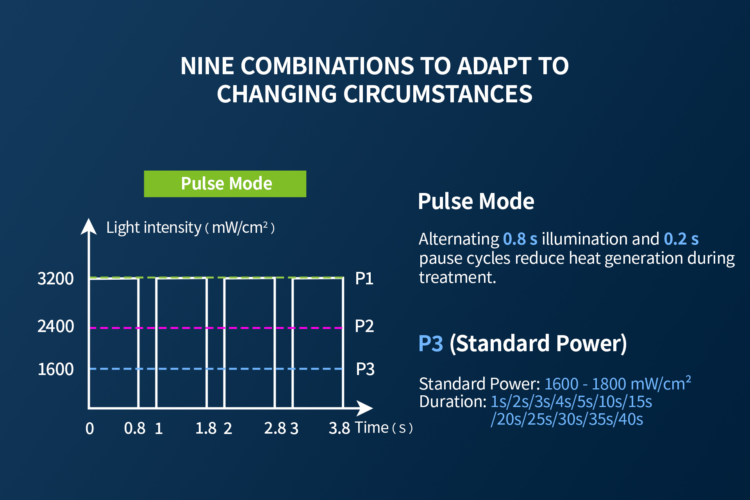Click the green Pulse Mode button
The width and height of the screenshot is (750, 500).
225,184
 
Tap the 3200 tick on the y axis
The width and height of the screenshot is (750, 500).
55,279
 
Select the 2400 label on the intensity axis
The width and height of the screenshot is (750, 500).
55,326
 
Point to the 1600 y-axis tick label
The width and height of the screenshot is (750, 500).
55,369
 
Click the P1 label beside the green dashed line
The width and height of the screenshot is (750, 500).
364,279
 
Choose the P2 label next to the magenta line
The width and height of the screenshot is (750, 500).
364,326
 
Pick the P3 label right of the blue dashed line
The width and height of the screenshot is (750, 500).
365,369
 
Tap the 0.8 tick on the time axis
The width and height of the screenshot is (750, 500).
134,429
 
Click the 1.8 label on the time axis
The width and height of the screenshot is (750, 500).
205,429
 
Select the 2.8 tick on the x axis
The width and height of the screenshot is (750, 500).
274,429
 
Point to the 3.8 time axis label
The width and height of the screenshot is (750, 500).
339,429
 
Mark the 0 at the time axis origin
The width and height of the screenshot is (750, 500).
89,429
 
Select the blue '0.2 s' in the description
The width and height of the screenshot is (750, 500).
681,239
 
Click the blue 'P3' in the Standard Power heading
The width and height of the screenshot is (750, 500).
430,344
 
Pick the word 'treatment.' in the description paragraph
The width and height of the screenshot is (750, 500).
457,277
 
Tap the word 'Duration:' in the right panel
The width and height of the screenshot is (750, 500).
452,402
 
